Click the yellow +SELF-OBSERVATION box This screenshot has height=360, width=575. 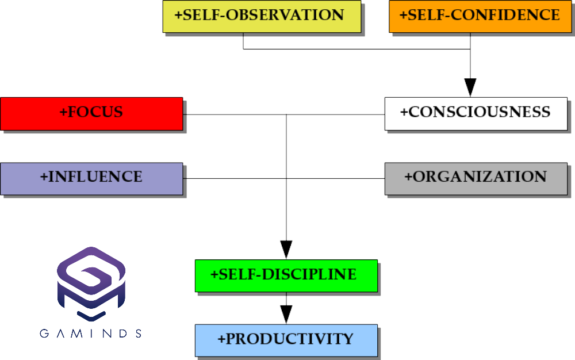262,16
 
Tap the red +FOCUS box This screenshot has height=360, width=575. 91,113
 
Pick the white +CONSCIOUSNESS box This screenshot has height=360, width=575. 476,113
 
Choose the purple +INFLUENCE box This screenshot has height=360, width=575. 91,178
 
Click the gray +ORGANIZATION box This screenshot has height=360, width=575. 476,178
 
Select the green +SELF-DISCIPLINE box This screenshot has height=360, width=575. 286,275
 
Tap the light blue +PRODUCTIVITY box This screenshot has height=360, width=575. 286,340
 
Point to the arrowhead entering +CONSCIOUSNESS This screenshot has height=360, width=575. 470,87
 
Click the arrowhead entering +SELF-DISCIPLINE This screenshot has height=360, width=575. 286,250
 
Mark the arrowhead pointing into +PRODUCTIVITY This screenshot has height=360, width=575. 286,315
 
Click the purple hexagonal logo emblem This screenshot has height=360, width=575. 91,284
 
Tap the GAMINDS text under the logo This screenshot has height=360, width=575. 91,334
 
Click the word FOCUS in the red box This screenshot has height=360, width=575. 95,112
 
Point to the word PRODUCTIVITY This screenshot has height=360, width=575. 290,339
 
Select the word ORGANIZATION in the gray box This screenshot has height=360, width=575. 480,177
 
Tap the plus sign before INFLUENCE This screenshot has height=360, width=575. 44,177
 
